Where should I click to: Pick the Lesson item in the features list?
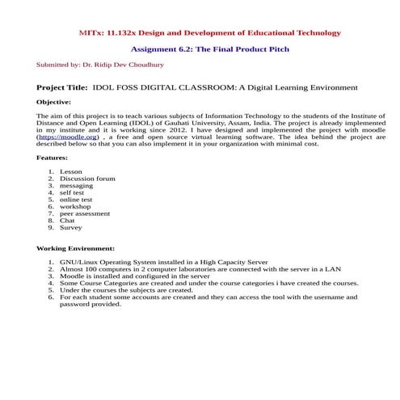coord(71,172)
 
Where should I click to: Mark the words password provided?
coord(91,305)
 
